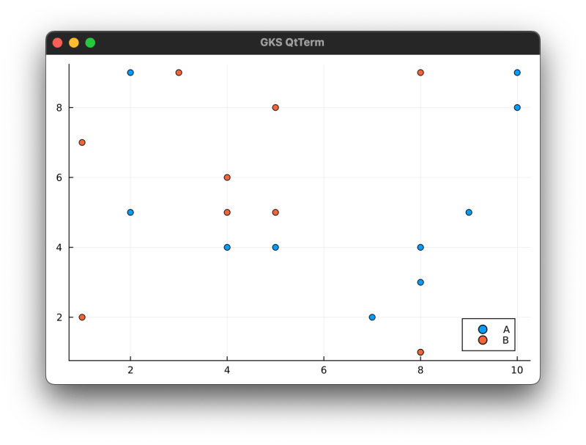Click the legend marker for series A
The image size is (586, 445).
pyautogui.click(x=482, y=330)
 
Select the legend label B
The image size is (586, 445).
pyautogui.click(x=505, y=340)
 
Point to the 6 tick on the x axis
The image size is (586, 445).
pyautogui.click(x=324, y=361)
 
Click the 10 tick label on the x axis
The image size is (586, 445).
pyautogui.click(x=517, y=371)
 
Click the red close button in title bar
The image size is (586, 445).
pyautogui.click(x=58, y=43)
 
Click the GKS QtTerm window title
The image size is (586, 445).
pyautogui.click(x=292, y=43)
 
